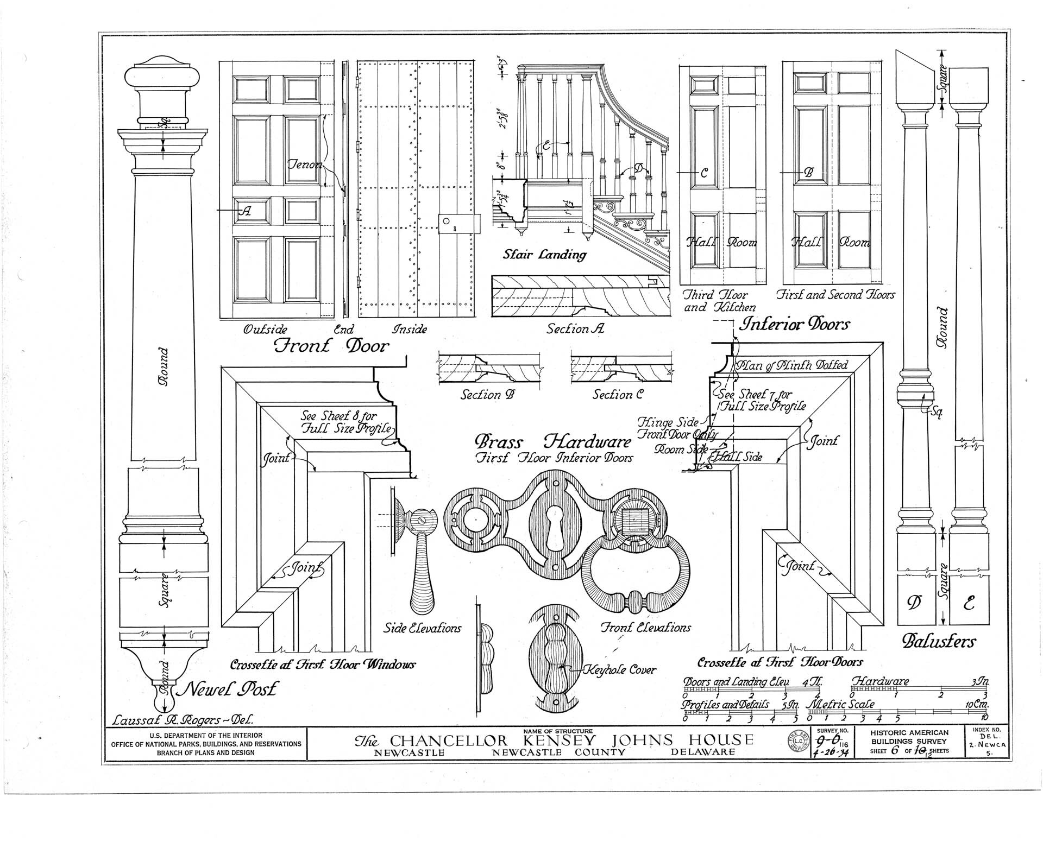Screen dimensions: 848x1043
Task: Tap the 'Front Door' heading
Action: pos(331,346)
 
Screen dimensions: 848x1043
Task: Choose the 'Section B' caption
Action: pos(488,395)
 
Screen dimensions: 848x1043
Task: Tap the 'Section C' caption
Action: pos(618,395)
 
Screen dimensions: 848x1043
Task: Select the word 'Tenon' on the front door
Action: pos(305,164)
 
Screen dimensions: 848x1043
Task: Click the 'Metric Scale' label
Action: pos(843,704)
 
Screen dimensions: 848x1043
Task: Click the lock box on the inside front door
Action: pos(459,223)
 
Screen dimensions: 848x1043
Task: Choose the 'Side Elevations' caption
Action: pos(422,629)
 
